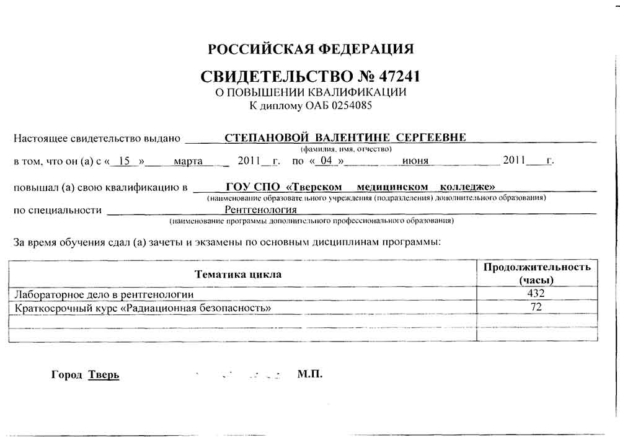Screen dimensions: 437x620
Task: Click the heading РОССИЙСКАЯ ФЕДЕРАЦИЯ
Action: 311,50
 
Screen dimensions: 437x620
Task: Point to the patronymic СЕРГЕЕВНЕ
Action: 430,138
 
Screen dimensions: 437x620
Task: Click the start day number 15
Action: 124,161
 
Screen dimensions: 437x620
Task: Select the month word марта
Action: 188,161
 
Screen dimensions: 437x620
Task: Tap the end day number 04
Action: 326,161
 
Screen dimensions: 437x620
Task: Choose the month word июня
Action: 415,161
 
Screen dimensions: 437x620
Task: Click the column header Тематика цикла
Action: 238,274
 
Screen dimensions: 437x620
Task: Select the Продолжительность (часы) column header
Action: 537,273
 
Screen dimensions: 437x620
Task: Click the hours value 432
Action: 536,293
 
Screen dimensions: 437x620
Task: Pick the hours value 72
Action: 536,307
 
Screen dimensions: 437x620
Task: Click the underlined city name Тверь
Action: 104,375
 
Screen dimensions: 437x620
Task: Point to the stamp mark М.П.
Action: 309,374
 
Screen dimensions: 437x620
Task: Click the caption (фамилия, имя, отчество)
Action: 346,149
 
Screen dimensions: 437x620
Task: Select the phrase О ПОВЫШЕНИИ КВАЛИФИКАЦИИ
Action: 310,92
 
